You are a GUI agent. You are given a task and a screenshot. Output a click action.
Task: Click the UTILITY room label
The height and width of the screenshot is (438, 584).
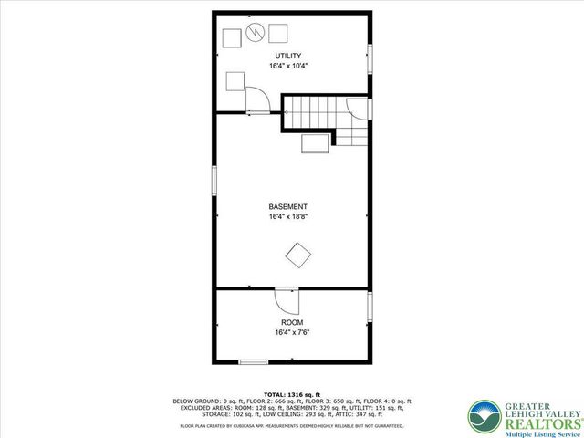click(x=287, y=56)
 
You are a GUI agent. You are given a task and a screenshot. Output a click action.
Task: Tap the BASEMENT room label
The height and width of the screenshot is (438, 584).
click(x=287, y=206)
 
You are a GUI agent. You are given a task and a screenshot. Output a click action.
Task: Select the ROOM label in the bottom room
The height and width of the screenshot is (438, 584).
click(x=292, y=323)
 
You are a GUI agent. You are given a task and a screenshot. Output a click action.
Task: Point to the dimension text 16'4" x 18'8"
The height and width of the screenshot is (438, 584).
click(x=287, y=217)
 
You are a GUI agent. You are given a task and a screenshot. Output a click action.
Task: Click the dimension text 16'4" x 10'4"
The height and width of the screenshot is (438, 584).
click(x=287, y=67)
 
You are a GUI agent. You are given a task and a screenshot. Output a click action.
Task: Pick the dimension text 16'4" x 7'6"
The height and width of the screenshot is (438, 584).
click(x=292, y=333)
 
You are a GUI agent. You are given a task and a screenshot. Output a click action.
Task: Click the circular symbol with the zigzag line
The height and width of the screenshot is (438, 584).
click(x=255, y=34)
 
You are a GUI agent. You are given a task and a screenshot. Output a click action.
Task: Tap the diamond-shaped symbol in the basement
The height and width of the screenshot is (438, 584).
click(x=298, y=255)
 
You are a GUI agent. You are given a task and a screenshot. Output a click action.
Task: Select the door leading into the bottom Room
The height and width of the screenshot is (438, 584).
click(x=286, y=300)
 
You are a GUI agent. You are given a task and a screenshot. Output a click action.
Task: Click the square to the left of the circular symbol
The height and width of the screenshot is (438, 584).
click(x=233, y=36)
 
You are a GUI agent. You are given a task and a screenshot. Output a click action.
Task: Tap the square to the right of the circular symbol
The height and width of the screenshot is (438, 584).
click(x=277, y=33)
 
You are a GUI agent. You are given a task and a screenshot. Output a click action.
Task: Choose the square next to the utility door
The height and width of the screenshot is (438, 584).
click(x=235, y=80)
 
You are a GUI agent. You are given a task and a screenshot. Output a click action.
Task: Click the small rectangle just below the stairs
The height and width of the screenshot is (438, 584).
click(x=315, y=143)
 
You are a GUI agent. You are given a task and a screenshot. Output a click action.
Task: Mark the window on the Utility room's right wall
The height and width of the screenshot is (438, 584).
click(x=370, y=57)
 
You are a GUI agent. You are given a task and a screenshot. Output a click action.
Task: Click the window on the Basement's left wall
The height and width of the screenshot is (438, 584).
click(x=214, y=179)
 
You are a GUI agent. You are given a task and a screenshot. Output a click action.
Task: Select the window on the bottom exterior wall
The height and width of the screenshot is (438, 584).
click(x=253, y=362)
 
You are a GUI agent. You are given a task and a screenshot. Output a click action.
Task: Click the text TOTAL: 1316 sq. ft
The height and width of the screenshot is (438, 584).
click(x=292, y=392)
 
